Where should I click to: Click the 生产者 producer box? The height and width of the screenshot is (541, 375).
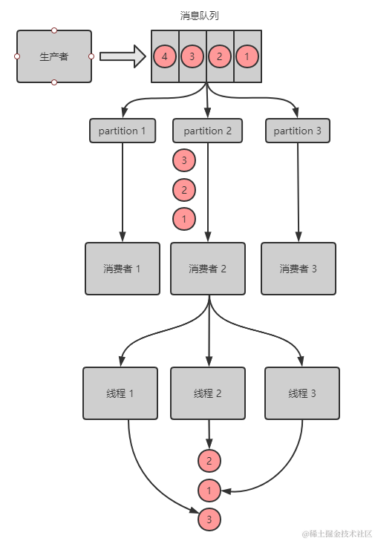[x=53, y=56]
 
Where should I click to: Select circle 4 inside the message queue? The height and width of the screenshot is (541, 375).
[x=164, y=56]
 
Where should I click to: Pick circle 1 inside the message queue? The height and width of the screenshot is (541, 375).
[x=247, y=56]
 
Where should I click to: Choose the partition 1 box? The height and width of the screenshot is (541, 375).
[x=123, y=131]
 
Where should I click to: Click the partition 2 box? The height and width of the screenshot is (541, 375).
[x=208, y=131]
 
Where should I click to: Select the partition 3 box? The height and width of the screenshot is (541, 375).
[x=298, y=131]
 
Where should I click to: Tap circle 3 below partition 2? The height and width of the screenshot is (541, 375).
[x=183, y=160]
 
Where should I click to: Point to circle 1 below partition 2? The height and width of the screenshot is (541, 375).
[x=183, y=219]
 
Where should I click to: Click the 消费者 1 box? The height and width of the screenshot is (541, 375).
[x=123, y=269]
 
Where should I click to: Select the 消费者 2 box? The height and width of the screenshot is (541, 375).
[x=208, y=269]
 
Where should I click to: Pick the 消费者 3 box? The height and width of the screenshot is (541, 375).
[x=299, y=269]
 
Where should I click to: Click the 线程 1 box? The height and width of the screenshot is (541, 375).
[x=121, y=393]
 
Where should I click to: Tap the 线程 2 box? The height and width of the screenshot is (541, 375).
[x=208, y=393]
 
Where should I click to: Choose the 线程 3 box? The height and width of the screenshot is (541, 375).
[x=302, y=393]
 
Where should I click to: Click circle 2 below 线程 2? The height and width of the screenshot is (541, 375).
[x=209, y=461]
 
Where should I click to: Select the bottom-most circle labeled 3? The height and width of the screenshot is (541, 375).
[x=209, y=520]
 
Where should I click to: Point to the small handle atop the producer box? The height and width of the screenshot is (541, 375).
[x=53, y=30]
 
